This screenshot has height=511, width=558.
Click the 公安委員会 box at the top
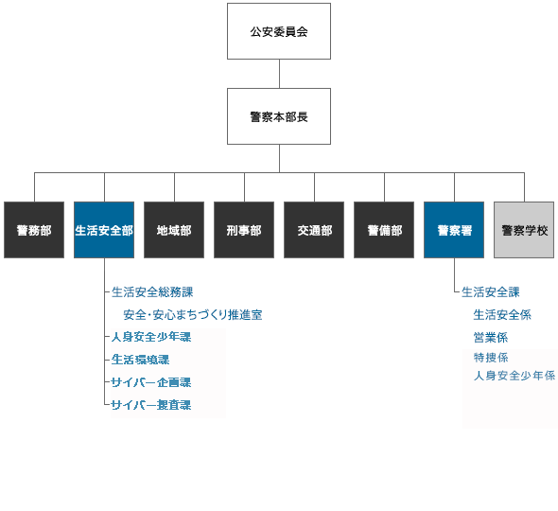(279, 31)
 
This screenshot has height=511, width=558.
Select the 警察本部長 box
(279, 116)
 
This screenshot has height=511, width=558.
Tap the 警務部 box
(34, 230)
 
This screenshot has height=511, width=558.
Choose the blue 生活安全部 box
(104, 230)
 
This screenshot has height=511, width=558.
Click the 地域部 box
(174, 230)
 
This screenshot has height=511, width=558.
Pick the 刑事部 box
(244, 230)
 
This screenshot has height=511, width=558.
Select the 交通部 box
(314, 230)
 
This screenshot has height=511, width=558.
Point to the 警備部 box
(384, 230)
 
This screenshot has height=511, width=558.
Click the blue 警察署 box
(454, 230)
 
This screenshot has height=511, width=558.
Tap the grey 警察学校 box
(524, 230)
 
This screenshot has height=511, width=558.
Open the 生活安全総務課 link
(152, 292)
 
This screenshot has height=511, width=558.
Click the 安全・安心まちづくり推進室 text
(192, 315)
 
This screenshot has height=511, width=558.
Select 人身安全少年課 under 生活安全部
(151, 337)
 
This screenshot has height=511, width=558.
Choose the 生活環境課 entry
(140, 360)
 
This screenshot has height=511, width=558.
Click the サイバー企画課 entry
(150, 382)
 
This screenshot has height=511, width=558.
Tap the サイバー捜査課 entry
(150, 405)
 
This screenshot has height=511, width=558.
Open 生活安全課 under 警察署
(490, 292)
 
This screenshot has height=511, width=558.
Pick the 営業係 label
(491, 337)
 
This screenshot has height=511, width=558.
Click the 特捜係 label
(491, 358)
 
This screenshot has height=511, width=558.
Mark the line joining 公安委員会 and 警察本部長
(279, 74)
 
